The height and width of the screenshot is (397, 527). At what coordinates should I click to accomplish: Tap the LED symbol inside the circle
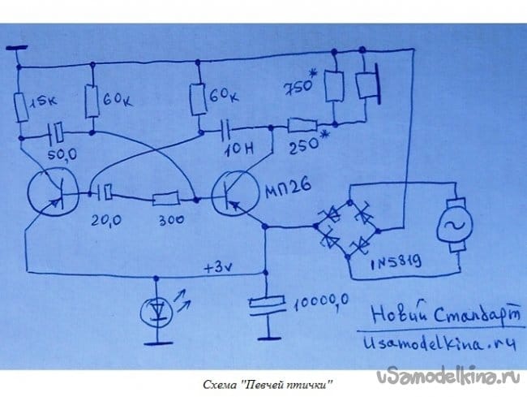157,311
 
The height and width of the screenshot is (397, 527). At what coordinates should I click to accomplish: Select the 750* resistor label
302,88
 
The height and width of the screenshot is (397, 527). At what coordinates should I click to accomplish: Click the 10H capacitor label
227,148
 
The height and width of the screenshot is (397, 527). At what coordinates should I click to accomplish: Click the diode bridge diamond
350,223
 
